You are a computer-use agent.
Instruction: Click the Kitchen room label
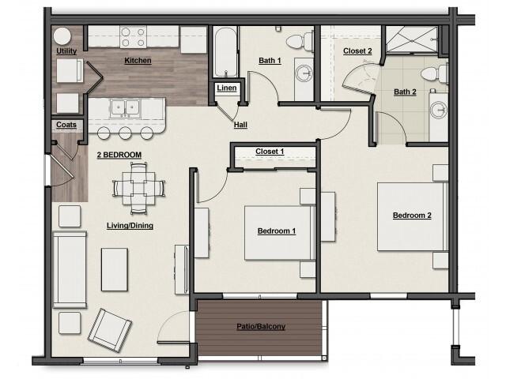pyautogui.click(x=138, y=61)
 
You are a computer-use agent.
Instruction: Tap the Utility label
pyautogui.click(x=66, y=52)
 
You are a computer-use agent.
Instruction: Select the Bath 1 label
pyautogui.click(x=270, y=60)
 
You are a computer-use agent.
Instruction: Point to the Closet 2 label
pyautogui.click(x=357, y=51)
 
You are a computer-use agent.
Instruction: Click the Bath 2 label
pyautogui.click(x=405, y=92)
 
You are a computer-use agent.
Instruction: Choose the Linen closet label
pyautogui.click(x=225, y=88)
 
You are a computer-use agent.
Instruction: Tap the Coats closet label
pyautogui.click(x=66, y=125)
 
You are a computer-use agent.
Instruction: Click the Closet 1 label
pyautogui.click(x=270, y=152)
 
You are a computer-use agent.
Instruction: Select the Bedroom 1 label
pyautogui.click(x=277, y=231)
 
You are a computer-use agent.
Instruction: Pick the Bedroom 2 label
pyautogui.click(x=412, y=216)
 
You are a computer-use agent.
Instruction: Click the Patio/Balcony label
pyautogui.click(x=261, y=326)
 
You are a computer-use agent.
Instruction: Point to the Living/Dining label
pyautogui.click(x=130, y=225)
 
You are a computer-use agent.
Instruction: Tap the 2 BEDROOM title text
pyautogui.click(x=119, y=155)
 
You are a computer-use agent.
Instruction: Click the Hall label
pyautogui.click(x=241, y=125)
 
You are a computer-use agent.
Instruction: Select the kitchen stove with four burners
pyautogui.click(x=135, y=37)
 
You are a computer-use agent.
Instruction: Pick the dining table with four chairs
pyautogui.click(x=139, y=188)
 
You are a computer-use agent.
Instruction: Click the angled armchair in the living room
pyautogui.click(x=109, y=329)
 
